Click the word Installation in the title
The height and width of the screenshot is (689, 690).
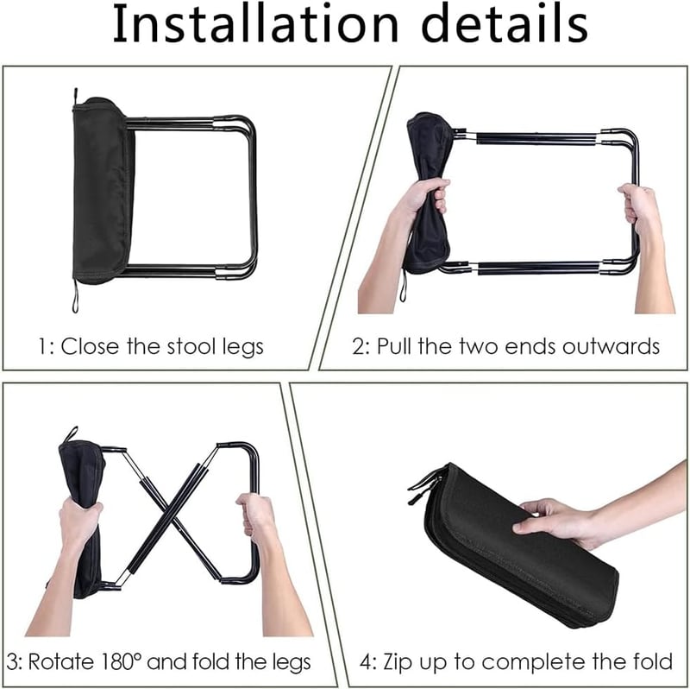[255, 23]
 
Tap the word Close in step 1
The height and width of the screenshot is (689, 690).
[90, 346]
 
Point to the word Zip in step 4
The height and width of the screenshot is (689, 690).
[394, 662]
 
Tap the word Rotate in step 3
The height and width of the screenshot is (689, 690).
[62, 661]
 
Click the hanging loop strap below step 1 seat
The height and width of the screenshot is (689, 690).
[75, 296]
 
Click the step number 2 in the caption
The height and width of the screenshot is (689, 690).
[359, 347]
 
